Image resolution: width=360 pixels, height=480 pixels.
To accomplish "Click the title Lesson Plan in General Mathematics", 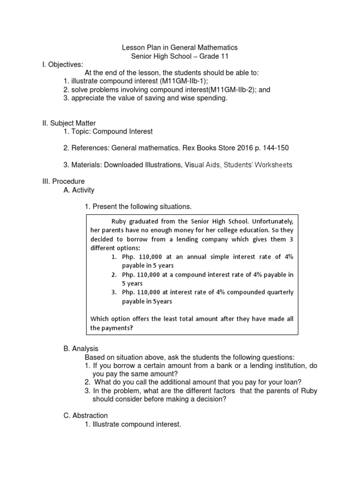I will [x=180, y=47].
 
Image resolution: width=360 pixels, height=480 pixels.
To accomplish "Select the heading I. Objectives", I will [x=62, y=64].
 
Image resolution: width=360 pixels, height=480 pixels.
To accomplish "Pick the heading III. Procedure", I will [x=64, y=181].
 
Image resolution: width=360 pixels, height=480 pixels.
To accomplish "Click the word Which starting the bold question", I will [x=99, y=319].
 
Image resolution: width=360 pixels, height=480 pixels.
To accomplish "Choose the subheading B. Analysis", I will [x=80, y=349].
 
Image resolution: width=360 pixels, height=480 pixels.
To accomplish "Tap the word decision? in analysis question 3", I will [x=213, y=399].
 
